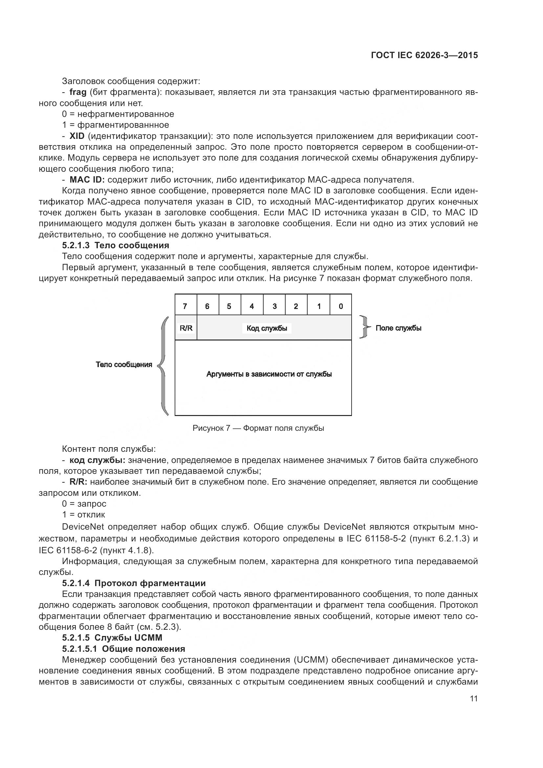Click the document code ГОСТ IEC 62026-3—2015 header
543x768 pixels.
[424, 55]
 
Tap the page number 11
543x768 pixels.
[473, 699]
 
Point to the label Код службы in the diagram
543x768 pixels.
[267, 328]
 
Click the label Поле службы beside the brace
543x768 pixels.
[398, 328]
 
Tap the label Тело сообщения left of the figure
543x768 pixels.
[124, 364]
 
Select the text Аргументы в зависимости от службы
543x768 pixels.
[269, 374]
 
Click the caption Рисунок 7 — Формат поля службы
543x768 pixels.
[258, 428]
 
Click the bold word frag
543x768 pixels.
[78, 92]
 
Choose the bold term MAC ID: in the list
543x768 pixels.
[87, 180]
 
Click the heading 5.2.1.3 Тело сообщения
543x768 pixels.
[115, 246]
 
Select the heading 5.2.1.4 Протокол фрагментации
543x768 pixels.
[134, 583]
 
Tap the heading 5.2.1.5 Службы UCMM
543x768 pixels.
[112, 638]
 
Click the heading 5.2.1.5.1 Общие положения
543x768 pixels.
[123, 649]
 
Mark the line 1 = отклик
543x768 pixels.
[84, 515]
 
